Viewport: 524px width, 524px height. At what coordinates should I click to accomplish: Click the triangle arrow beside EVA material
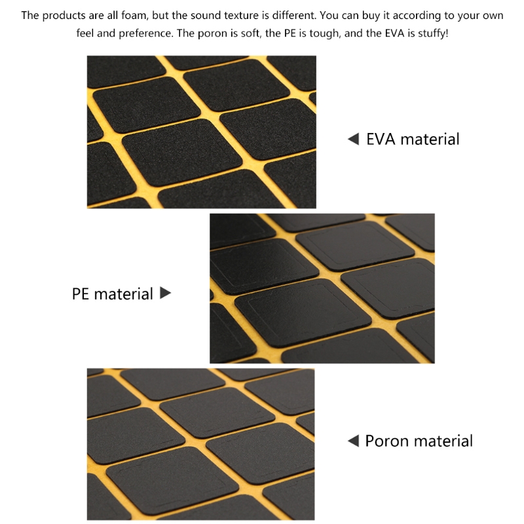pyautogui.click(x=353, y=139)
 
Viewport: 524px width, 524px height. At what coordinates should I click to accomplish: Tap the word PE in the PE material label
pyautogui.click(x=80, y=293)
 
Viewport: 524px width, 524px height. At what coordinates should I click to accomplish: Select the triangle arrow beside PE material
pyautogui.click(x=166, y=293)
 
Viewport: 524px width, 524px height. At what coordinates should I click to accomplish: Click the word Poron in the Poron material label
pyautogui.click(x=386, y=441)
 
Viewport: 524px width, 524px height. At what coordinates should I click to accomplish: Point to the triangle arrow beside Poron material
pyautogui.click(x=353, y=441)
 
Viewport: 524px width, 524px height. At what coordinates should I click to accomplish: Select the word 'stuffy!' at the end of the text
pyautogui.click(x=433, y=33)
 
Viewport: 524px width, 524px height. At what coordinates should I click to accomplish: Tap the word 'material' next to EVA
pyautogui.click(x=430, y=139)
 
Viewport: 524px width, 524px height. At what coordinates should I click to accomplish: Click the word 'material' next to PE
pyautogui.click(x=123, y=293)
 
